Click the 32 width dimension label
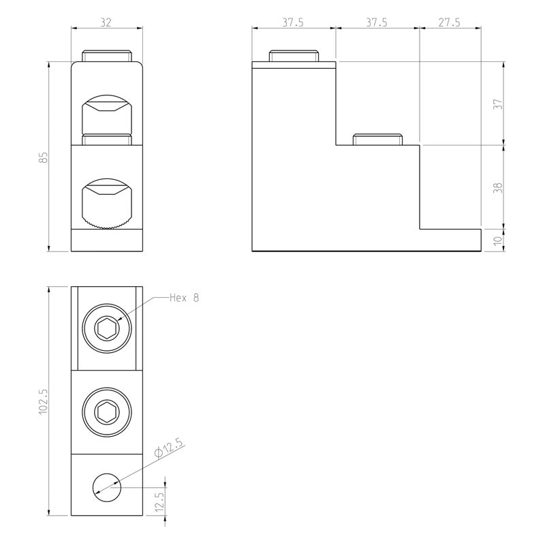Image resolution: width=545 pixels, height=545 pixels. point(106,22)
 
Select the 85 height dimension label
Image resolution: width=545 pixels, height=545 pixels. point(43,157)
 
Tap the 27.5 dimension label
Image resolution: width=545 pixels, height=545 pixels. point(449,22)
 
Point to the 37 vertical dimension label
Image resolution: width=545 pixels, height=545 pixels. point(498,104)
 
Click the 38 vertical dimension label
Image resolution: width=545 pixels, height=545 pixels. point(498,188)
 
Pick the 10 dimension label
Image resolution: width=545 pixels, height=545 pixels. point(498,240)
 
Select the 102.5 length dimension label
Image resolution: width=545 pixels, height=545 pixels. point(43,401)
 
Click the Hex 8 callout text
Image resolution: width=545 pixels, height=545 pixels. point(184,298)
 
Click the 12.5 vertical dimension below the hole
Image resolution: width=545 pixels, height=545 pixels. point(159,501)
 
